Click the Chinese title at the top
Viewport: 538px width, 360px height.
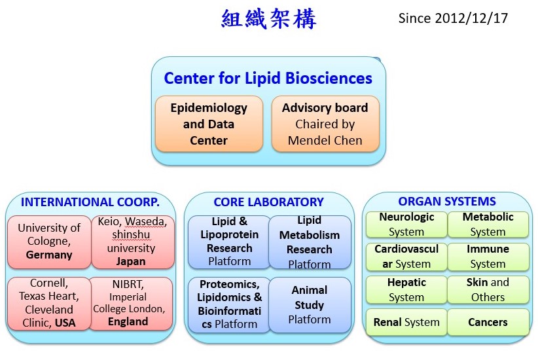268,18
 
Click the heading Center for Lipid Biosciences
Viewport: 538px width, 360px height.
268,79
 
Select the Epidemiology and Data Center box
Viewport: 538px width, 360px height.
209,124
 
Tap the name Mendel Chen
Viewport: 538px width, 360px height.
325,140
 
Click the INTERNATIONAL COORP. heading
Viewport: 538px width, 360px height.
90,202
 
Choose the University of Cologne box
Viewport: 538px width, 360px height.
49,242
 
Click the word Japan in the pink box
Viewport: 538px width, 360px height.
131,262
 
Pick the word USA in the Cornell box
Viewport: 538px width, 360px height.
65,323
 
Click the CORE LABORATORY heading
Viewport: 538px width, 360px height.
268,202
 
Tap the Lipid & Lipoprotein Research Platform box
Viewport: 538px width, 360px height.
229,242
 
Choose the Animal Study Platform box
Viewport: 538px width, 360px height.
310,305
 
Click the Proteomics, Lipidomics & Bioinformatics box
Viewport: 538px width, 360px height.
229,305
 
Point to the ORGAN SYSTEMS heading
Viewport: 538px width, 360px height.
447,201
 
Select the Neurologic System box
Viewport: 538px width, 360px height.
406,225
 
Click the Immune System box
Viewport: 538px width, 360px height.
488,257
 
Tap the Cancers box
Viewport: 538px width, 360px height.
488,322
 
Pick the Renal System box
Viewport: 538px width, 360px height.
406,322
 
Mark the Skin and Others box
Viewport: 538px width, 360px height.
488,290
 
